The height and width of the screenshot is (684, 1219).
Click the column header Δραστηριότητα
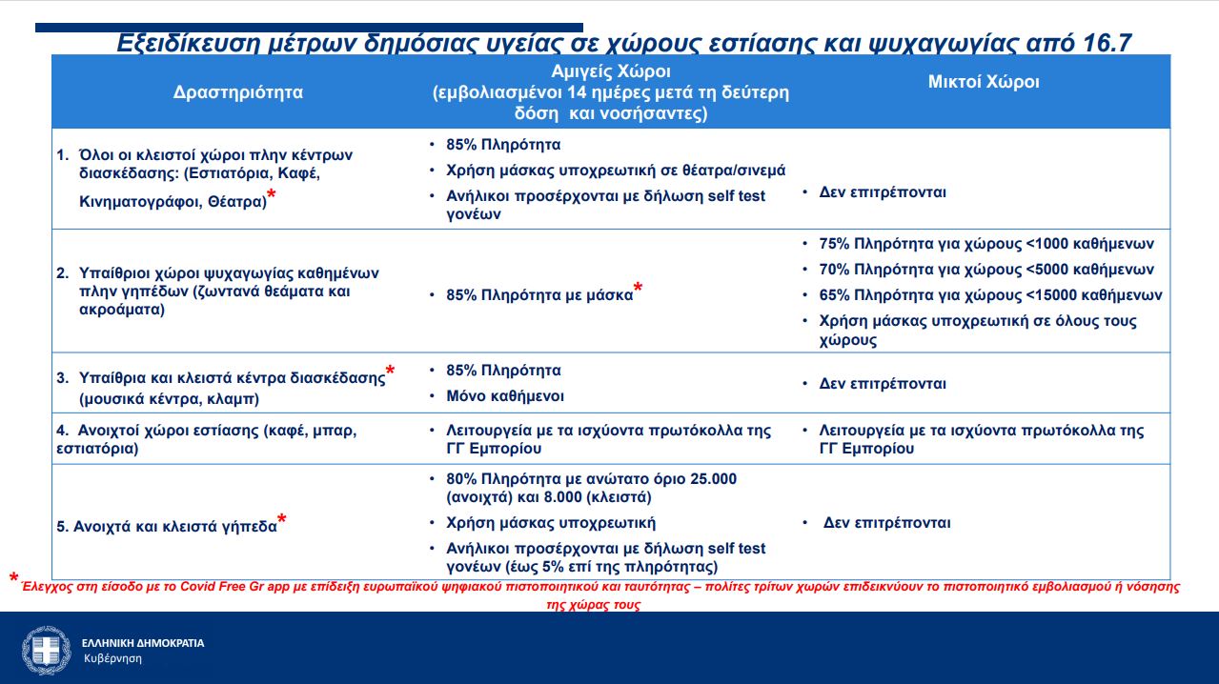point(238,92)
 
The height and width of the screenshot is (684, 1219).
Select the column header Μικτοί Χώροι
point(984,82)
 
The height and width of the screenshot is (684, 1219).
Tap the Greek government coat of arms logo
point(46,650)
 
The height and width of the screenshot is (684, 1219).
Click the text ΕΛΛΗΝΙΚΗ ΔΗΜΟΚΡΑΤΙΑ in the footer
point(143,643)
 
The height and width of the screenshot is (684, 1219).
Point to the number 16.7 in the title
point(1106,43)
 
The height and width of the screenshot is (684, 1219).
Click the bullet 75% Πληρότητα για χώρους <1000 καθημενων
point(986,243)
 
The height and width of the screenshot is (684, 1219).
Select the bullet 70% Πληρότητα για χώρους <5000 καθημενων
point(986,269)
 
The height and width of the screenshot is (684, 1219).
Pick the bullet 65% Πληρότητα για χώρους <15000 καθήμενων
point(990,294)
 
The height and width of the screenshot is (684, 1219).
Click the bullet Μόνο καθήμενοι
point(505,395)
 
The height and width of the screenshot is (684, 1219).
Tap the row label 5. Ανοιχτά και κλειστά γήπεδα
point(174,525)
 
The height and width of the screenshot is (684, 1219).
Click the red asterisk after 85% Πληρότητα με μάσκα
point(638,289)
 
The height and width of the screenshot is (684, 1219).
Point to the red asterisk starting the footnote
point(13,579)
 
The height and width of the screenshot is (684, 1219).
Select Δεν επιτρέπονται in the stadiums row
point(886,522)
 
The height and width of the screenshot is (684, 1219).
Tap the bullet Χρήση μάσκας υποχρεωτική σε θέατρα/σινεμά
point(616,170)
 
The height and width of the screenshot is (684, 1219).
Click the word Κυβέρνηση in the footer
point(112,658)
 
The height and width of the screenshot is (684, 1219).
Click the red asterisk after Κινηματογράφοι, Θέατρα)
point(272,195)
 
